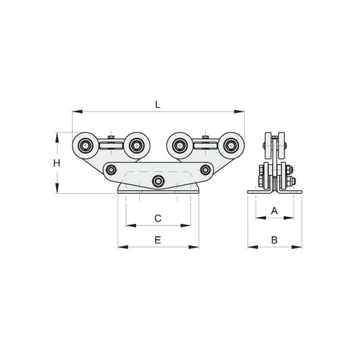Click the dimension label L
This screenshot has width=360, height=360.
click(158, 104)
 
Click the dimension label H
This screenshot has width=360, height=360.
click(57, 163)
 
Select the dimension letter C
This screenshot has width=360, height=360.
click(158, 218)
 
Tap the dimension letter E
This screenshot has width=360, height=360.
click(158, 240)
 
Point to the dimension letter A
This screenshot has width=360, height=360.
click(274, 211)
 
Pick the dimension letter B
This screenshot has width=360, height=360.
click(274, 240)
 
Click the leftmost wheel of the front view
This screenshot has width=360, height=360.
click(85, 145)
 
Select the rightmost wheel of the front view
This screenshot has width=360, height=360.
click(231, 145)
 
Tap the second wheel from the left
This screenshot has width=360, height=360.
click(137, 145)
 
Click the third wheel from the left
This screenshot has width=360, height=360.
click(179, 145)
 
